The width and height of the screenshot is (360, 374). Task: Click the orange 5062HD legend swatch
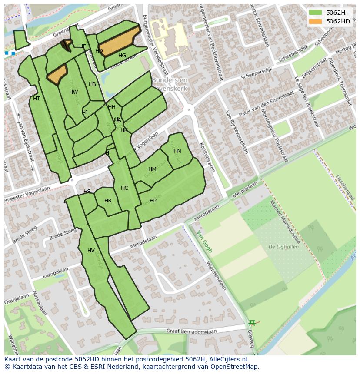[x=316, y=21]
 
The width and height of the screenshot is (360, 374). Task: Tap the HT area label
[x=37, y=99]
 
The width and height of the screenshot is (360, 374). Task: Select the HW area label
[x=73, y=92]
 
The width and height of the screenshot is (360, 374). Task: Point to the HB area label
[x=92, y=84]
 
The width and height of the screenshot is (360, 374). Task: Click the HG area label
[x=122, y=56]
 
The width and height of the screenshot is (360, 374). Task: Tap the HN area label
[x=177, y=151]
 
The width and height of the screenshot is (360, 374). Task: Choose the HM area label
[x=152, y=169]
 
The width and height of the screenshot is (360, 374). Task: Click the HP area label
[x=153, y=201]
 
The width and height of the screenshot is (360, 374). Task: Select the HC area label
[x=125, y=188]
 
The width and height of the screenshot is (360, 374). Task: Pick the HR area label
[x=108, y=201]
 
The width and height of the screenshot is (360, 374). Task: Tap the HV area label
[x=91, y=251]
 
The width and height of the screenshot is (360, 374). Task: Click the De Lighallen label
[x=283, y=247]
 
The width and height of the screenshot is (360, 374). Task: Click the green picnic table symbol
[x=252, y=323]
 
